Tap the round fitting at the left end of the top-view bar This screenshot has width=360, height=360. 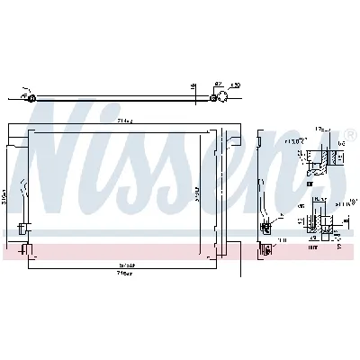tap(30, 97)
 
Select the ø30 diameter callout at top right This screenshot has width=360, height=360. tap(235, 85)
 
